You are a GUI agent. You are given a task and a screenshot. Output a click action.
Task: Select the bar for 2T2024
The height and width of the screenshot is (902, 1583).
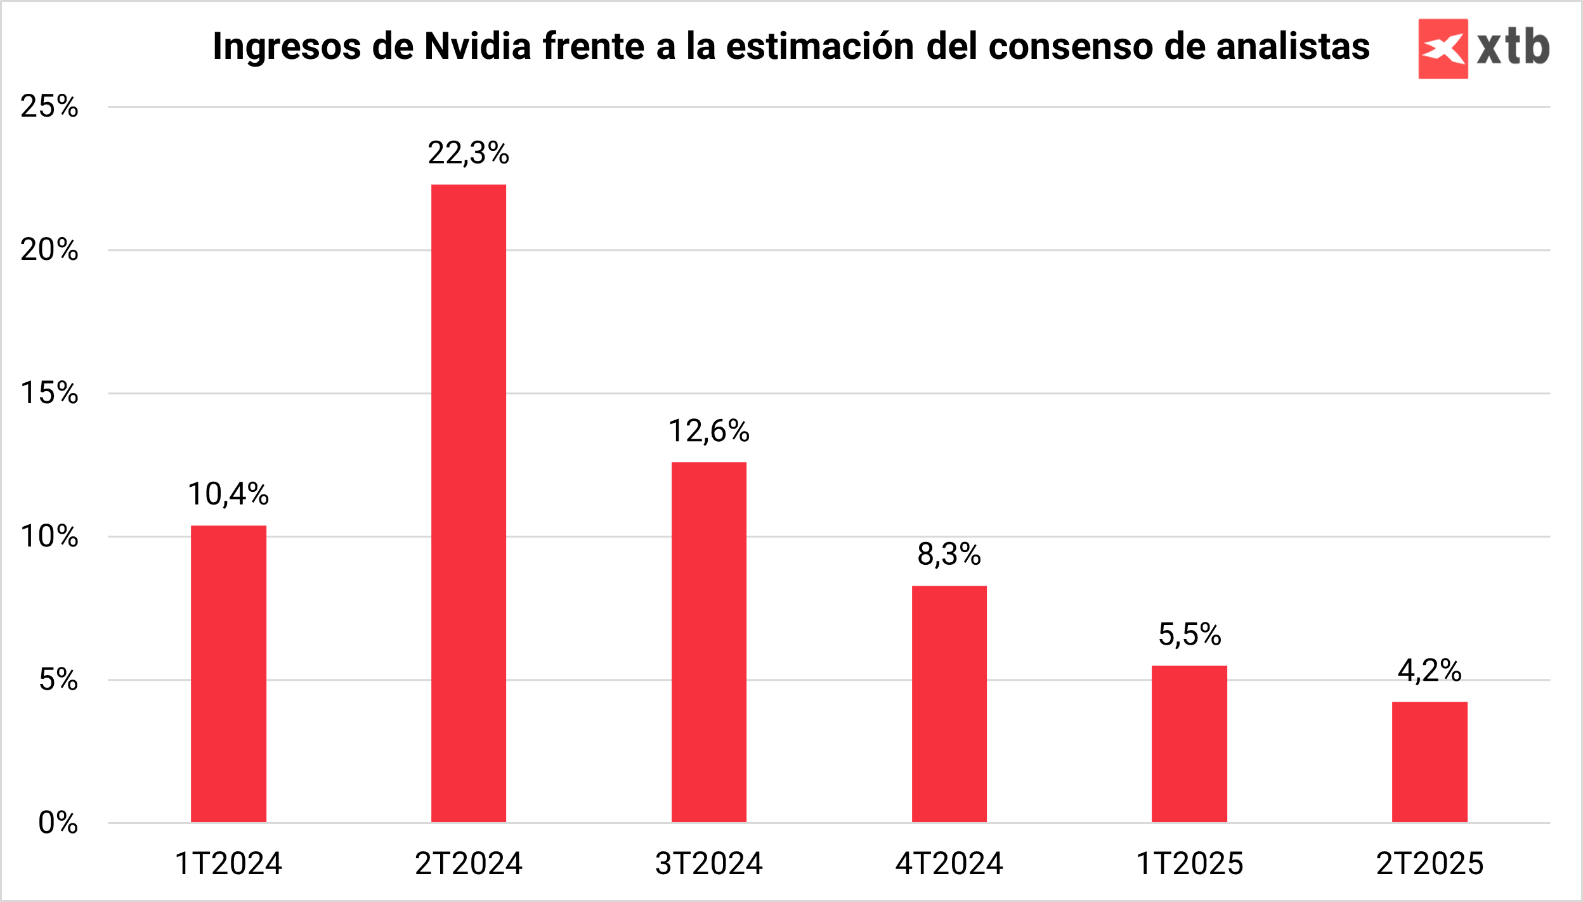[x=469, y=503]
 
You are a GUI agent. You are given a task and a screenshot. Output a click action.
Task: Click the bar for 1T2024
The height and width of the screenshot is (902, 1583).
[x=228, y=674]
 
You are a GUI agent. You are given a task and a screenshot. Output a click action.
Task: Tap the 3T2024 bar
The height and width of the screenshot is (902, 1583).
[x=709, y=642]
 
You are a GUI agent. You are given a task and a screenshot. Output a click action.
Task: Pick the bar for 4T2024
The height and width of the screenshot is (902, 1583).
[x=949, y=704]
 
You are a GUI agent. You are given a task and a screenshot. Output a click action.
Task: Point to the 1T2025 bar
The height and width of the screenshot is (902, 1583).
[x=1189, y=744]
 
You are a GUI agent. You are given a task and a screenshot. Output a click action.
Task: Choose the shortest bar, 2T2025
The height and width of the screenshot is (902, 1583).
[x=1430, y=762]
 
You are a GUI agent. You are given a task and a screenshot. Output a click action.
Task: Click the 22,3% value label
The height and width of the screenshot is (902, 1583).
[x=469, y=153]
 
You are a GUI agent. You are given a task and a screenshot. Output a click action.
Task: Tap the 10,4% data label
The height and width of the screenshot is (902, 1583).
[x=228, y=494]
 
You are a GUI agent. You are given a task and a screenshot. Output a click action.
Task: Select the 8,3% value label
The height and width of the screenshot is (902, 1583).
[x=949, y=554]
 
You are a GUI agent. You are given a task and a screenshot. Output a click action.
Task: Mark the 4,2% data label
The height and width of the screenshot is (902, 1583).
[x=1430, y=670]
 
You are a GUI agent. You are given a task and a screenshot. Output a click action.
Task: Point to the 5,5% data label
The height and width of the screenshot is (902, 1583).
[x=1189, y=634]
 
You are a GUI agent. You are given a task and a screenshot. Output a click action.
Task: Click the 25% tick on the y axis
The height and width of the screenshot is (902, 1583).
[x=49, y=106]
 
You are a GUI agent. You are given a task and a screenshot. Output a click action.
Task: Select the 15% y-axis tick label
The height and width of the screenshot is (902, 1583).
[x=49, y=392]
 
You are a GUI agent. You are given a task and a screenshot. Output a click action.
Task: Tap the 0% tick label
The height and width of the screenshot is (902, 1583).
[x=58, y=823]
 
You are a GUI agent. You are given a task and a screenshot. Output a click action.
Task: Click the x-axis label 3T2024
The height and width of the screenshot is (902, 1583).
[x=709, y=863]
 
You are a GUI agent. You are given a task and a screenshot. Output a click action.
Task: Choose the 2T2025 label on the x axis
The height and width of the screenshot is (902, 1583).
[x=1430, y=863]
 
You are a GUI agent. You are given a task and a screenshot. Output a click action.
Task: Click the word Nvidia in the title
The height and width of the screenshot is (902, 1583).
[x=478, y=46]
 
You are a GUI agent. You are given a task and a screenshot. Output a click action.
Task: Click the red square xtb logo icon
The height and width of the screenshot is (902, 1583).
[x=1443, y=49]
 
